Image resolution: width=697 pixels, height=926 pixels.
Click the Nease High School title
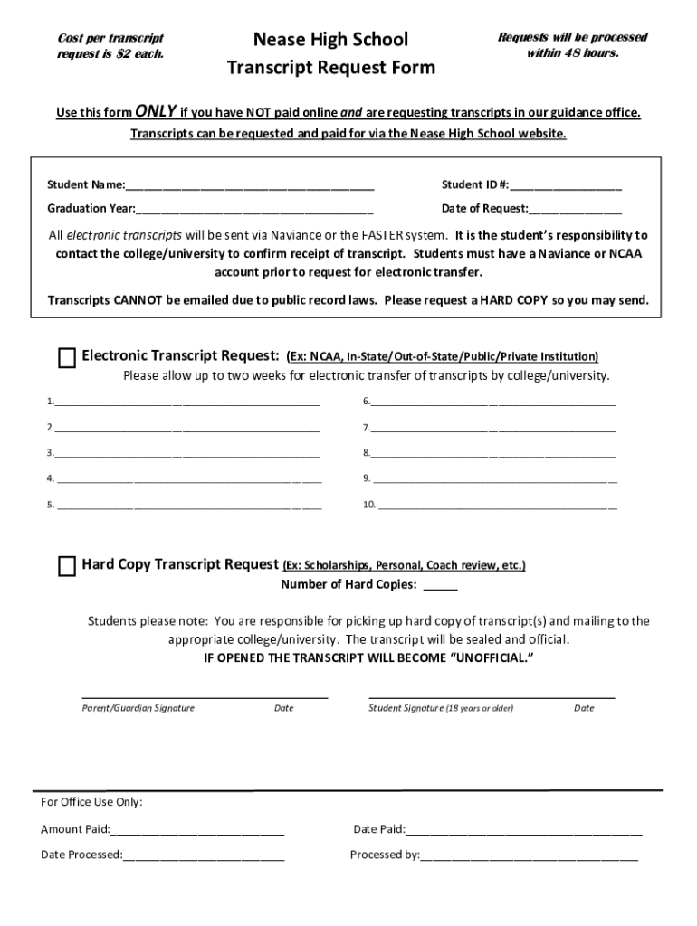pyautogui.click(x=330, y=39)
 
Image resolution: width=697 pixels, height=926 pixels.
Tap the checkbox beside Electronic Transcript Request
pyautogui.click(x=67, y=358)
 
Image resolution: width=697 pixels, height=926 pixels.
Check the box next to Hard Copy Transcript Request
pyautogui.click(x=67, y=567)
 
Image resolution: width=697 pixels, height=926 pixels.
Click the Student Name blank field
pyautogui.click(x=250, y=186)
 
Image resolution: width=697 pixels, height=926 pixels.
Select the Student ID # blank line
pyautogui.click(x=566, y=186)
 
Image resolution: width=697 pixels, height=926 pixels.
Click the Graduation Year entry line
pyautogui.click(x=254, y=210)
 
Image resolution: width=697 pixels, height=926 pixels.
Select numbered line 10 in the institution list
pyautogui.click(x=497, y=506)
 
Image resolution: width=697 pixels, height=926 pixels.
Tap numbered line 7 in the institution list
pyautogui.click(x=492, y=429)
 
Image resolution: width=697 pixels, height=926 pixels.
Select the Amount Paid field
pyautogui.click(x=197, y=830)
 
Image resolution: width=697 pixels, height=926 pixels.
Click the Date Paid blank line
pyautogui.click(x=524, y=830)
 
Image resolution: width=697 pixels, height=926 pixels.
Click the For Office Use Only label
pyautogui.click(x=91, y=803)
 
